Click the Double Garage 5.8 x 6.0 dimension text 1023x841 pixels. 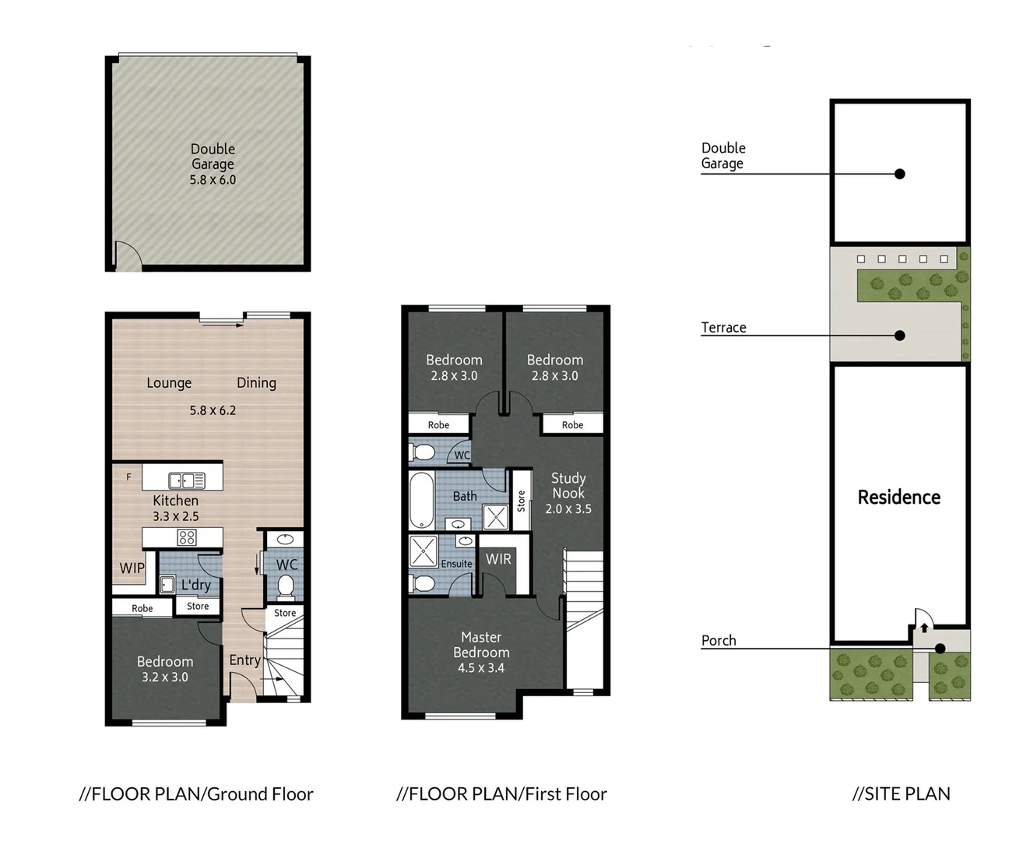point(213,180)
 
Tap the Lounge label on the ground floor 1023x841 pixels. point(169,383)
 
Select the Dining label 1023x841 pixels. point(256,383)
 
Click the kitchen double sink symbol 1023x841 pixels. point(187,480)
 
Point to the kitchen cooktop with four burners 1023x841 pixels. point(187,537)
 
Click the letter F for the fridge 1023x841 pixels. point(129,477)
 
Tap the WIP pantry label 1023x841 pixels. point(132,568)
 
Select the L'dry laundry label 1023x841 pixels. point(196,585)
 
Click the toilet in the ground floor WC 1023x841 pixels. point(286,586)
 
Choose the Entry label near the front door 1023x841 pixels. point(244,660)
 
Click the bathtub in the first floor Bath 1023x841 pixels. point(421,500)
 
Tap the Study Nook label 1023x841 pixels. point(568,486)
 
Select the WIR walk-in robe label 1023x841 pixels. point(498,559)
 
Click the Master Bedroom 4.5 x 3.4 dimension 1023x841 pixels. point(481,668)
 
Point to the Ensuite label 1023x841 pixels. point(456,564)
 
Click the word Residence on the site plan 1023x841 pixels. point(899,498)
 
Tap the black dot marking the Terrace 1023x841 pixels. point(900,336)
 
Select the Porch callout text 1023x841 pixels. point(719,641)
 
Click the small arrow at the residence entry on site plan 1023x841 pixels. point(924,628)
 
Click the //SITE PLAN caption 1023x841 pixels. point(901,794)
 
